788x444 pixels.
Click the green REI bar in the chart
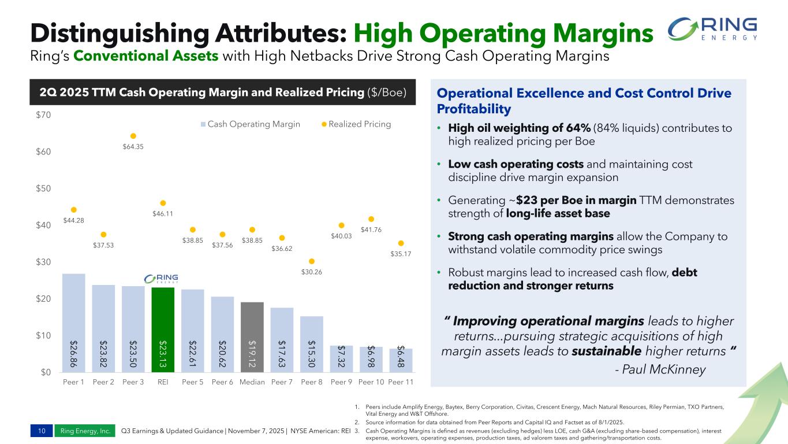pyautogui.click(x=163, y=330)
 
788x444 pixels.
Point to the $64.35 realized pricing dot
pyautogui.click(x=133, y=136)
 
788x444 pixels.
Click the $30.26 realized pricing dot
pyautogui.click(x=312, y=261)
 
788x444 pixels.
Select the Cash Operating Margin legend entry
pyautogui.click(x=250, y=124)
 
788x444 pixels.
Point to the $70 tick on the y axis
pyautogui.click(x=42, y=115)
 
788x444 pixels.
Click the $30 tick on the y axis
pyautogui.click(x=42, y=262)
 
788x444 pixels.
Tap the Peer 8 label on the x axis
pyautogui.click(x=312, y=383)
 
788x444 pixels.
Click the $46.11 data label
pyautogui.click(x=162, y=213)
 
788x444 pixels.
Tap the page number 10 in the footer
pyautogui.click(x=42, y=431)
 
